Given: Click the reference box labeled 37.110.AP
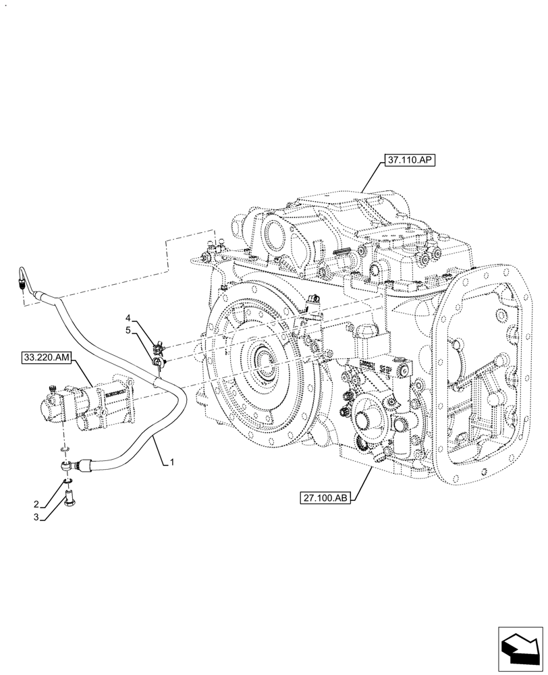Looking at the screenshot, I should (x=411, y=161).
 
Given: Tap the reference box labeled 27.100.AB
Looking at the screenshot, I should (x=325, y=499).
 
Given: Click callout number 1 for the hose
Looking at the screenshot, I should (x=173, y=462).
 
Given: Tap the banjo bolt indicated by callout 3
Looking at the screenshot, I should (x=68, y=499).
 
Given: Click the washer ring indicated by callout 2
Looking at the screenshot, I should (x=67, y=481).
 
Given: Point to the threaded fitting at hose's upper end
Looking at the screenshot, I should (x=22, y=281).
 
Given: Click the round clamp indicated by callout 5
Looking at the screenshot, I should (x=159, y=364).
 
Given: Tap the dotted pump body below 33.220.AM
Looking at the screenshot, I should (x=88, y=405).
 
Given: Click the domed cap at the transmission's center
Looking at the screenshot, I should (x=365, y=333).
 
